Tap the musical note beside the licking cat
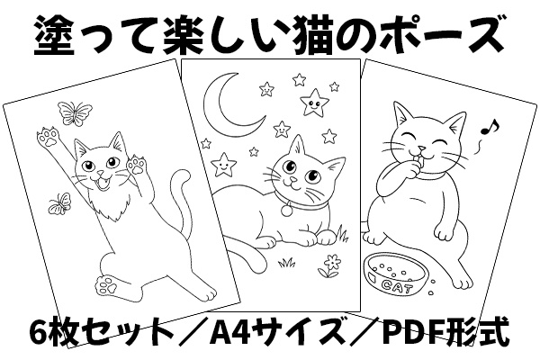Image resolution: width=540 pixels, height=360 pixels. point(490,127)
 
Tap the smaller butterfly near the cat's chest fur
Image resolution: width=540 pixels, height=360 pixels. point(60,202)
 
